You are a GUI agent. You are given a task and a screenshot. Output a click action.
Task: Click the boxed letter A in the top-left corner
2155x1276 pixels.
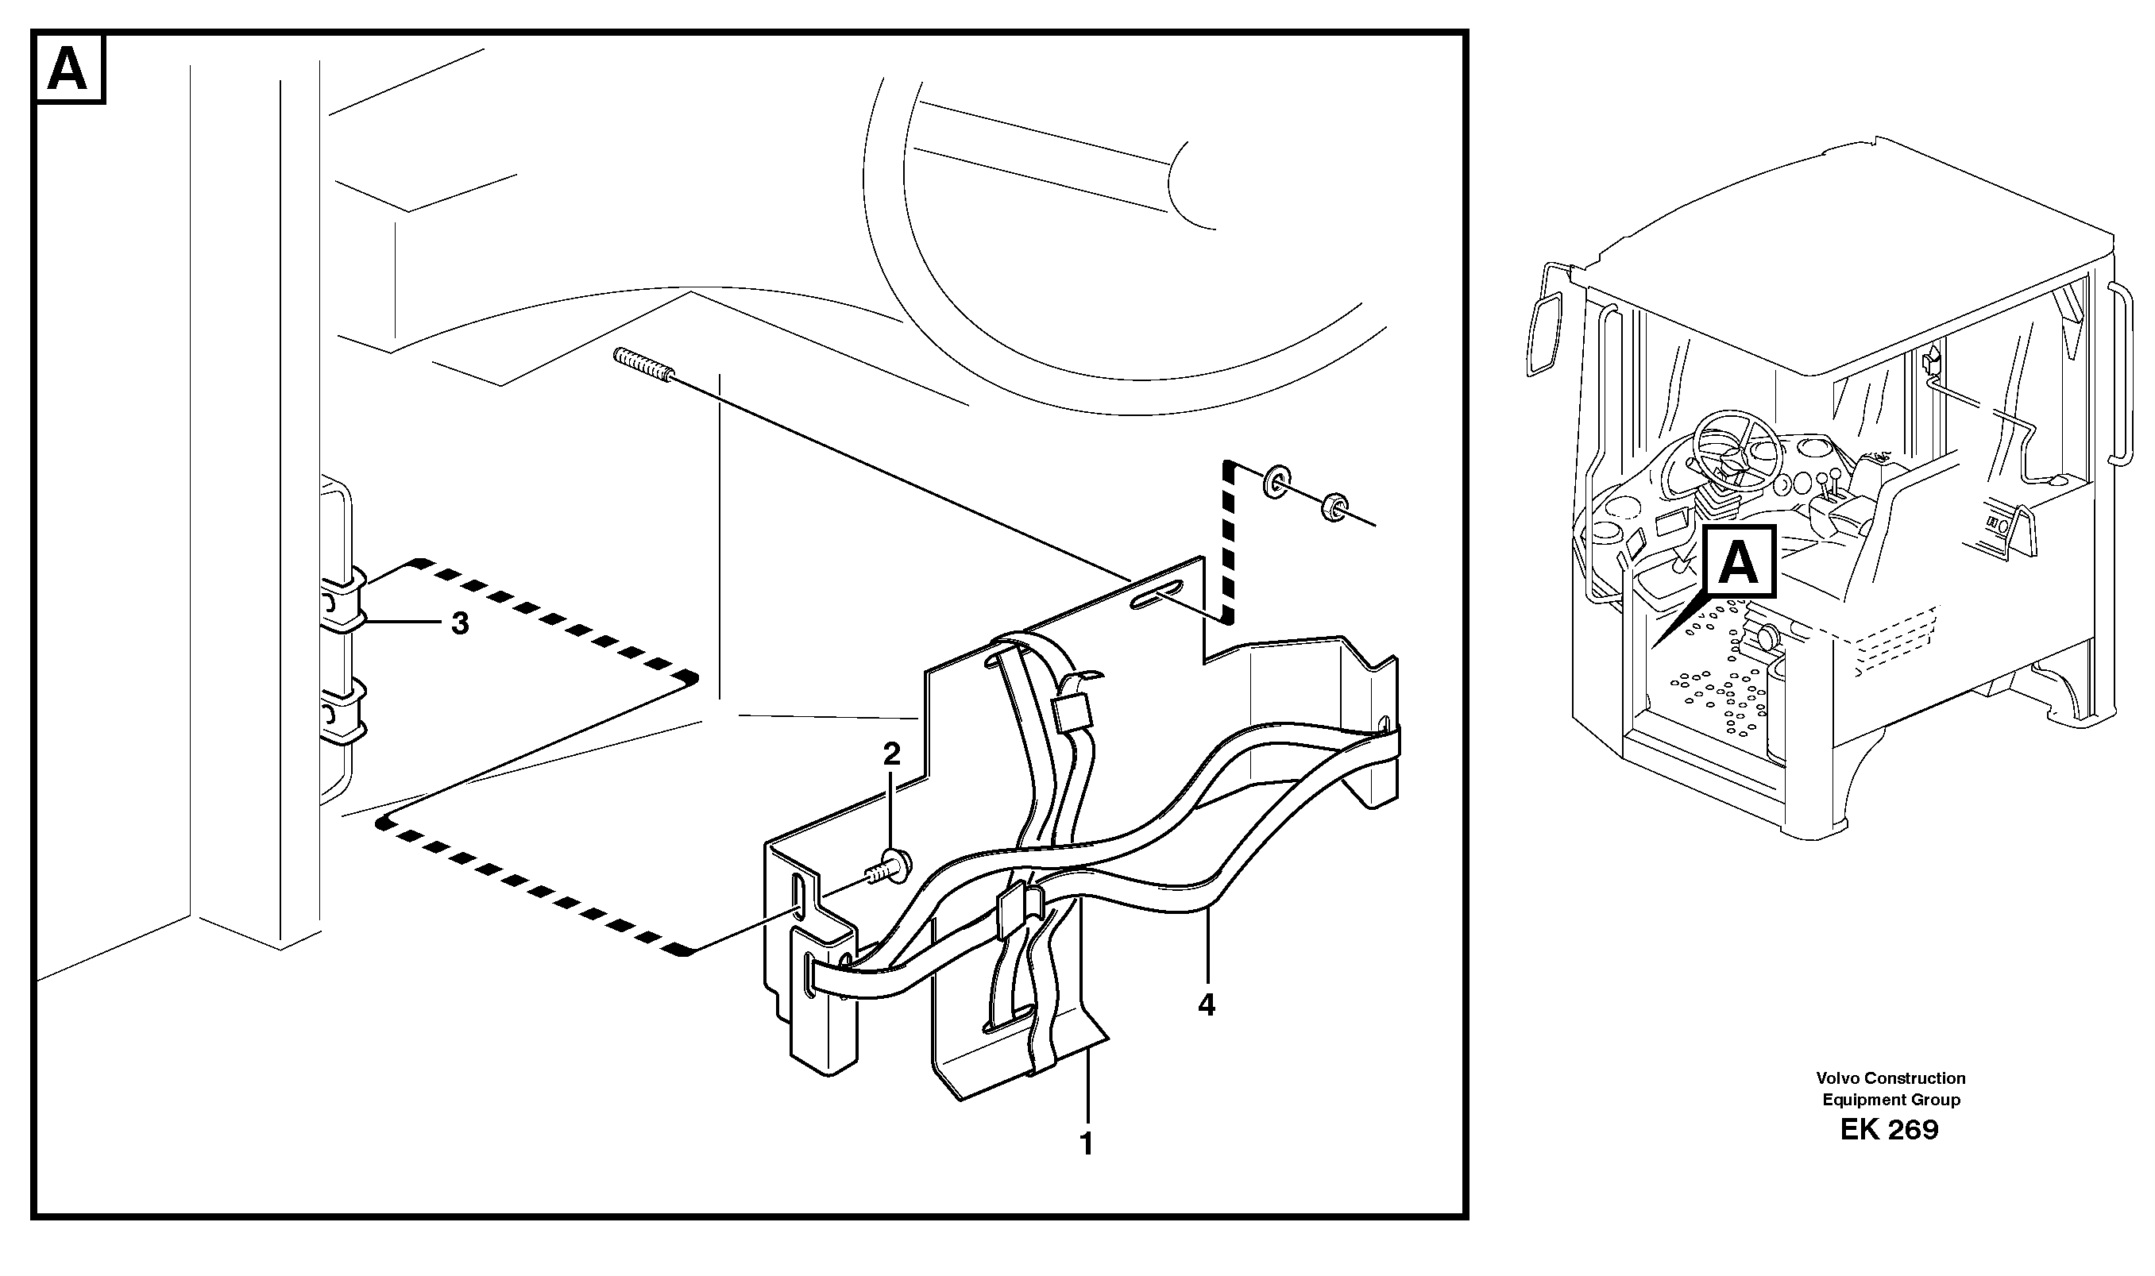69,69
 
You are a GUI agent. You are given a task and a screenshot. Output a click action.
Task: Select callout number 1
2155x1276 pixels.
1086,1143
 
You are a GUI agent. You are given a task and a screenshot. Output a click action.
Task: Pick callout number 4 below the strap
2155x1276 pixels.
1207,1004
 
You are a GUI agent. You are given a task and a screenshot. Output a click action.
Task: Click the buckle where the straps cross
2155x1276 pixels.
1020,912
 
